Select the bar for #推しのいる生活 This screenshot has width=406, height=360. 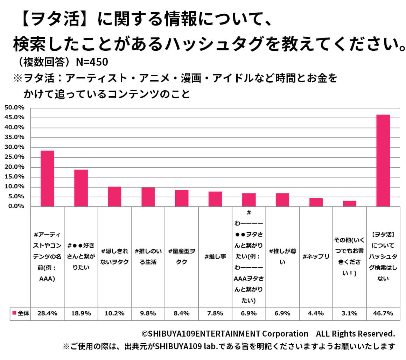pos(148,197)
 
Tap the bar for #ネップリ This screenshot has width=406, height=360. pos(316,202)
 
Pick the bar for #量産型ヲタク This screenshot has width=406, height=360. pos(182,198)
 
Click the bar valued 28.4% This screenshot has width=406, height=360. pos(47,178)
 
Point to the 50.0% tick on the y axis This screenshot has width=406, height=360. pos(15,107)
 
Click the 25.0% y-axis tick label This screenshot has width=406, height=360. pos(15,157)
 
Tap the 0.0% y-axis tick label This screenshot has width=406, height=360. pos(16,206)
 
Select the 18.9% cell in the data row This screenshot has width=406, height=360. pos(81,313)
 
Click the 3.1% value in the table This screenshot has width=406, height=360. pos(349,313)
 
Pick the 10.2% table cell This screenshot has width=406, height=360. pos(114,313)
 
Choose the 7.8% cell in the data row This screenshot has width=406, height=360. pos(215,313)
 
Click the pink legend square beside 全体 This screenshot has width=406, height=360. pos(14,313)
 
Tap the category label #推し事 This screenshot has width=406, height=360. pos(215,256)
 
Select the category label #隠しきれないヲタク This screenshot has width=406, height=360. pos(114,256)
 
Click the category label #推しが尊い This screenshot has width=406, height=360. pos(282,256)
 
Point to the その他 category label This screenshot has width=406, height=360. pos(349,256)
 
